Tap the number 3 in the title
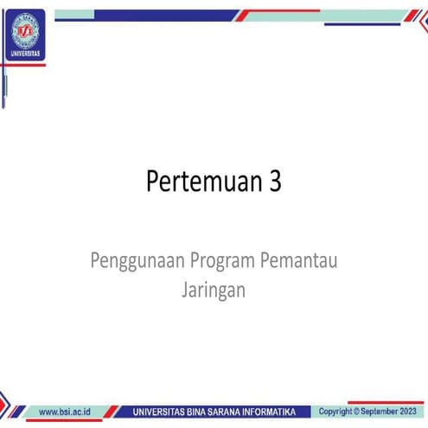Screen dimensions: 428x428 [275, 183]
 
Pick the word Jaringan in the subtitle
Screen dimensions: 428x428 [214, 290]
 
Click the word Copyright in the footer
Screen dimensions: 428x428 [335, 411]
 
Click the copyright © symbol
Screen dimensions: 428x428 [356, 411]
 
